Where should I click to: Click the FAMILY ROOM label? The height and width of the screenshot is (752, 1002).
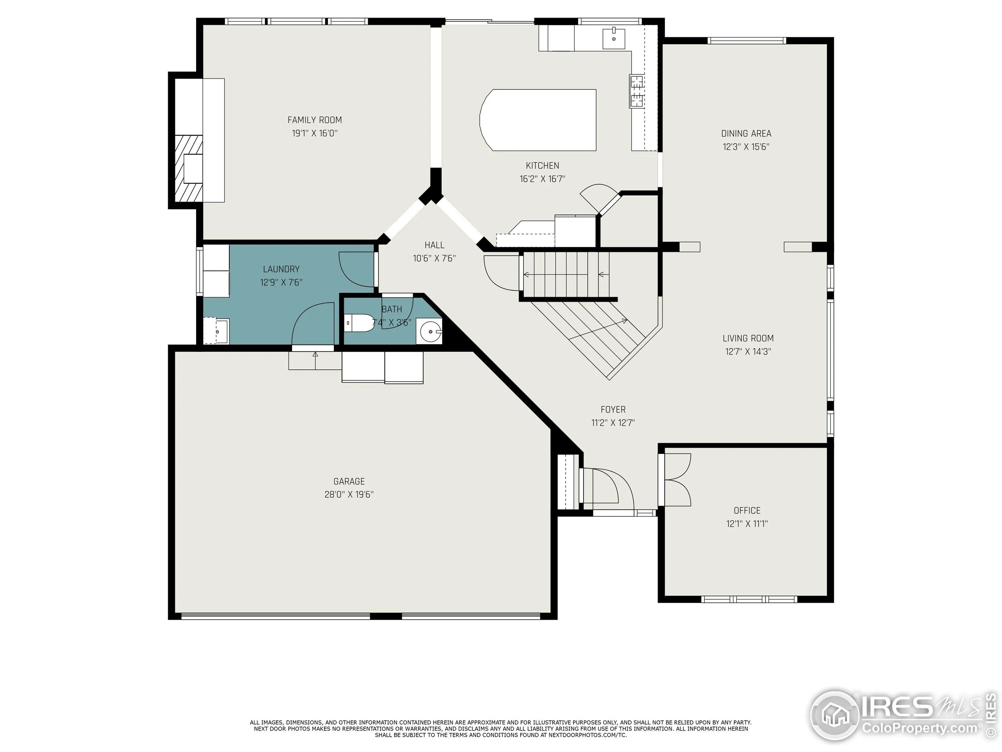(314, 120)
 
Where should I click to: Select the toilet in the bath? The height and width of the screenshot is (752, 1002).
(360, 323)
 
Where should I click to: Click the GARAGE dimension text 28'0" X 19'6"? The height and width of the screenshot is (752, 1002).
(349, 495)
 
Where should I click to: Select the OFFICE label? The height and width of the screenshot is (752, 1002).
(746, 510)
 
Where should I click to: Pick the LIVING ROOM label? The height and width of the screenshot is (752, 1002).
(748, 338)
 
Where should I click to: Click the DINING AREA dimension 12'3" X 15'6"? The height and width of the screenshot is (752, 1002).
(746, 147)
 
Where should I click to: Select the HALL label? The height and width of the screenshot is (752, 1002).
(434, 245)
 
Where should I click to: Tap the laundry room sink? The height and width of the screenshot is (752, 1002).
(217, 331)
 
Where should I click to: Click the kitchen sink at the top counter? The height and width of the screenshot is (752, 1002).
(614, 38)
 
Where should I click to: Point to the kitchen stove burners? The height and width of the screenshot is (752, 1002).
(636, 90)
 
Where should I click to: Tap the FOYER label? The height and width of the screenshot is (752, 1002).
(613, 410)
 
